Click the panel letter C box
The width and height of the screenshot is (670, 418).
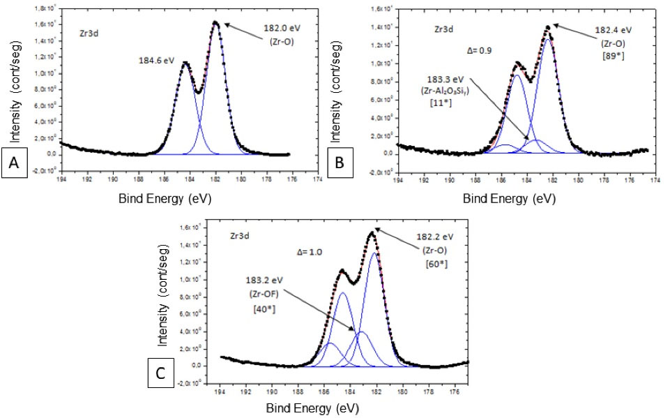coord(160,373)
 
